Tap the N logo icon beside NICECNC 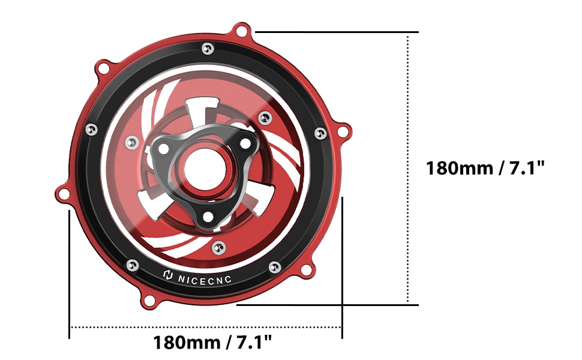click(168, 275)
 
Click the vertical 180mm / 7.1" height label click(485, 168)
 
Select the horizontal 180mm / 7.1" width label click(212, 342)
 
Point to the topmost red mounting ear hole click(242, 31)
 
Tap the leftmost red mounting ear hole click(64, 193)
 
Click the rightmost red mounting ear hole click(343, 131)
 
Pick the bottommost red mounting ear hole click(149, 300)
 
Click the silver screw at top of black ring click(208, 49)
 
